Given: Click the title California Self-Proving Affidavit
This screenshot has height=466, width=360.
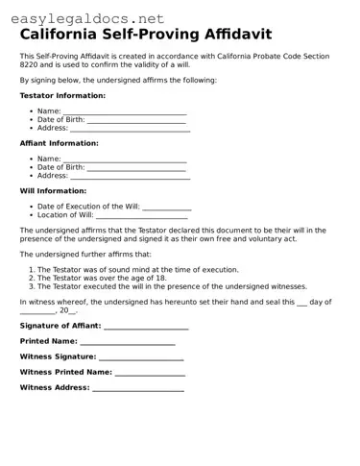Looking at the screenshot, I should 146,36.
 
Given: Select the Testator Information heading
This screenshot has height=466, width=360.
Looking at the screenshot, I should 63,96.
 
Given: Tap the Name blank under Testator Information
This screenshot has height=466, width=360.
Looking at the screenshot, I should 125,111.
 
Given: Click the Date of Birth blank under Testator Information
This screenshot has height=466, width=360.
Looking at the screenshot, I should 137,120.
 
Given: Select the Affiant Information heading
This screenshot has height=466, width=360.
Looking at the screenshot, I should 60,143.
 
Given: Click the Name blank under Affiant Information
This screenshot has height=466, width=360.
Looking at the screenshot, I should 125,159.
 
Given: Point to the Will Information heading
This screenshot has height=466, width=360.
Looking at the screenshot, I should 54,190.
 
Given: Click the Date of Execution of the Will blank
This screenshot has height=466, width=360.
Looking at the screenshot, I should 167,206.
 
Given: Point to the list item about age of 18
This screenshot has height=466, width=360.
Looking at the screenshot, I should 102,278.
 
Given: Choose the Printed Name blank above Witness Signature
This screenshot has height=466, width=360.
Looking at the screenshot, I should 128,341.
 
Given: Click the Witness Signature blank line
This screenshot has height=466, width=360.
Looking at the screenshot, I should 142,356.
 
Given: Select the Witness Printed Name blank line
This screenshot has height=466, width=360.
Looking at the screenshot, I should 150,372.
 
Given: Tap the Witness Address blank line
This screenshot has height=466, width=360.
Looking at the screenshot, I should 138,388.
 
